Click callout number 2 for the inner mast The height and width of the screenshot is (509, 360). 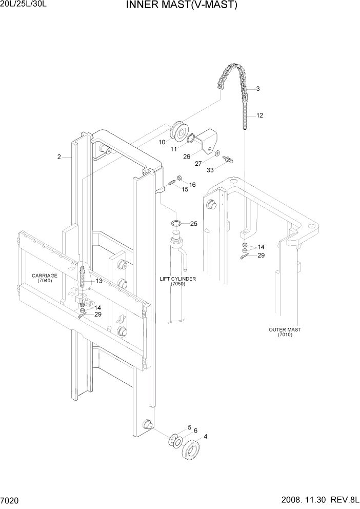click(59, 157)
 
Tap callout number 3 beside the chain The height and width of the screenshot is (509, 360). click(257, 89)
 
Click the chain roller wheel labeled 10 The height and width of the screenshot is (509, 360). click(180, 131)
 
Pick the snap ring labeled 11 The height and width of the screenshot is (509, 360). click(191, 138)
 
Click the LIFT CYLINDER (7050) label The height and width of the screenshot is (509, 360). click(177, 281)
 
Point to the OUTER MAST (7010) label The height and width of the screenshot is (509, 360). click(284, 332)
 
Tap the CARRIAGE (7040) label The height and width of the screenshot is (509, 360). click(44, 278)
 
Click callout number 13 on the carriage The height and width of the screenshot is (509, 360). click(98, 281)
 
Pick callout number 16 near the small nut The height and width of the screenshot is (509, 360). click(192, 184)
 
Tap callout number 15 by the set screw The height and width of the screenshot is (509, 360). click(185, 189)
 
